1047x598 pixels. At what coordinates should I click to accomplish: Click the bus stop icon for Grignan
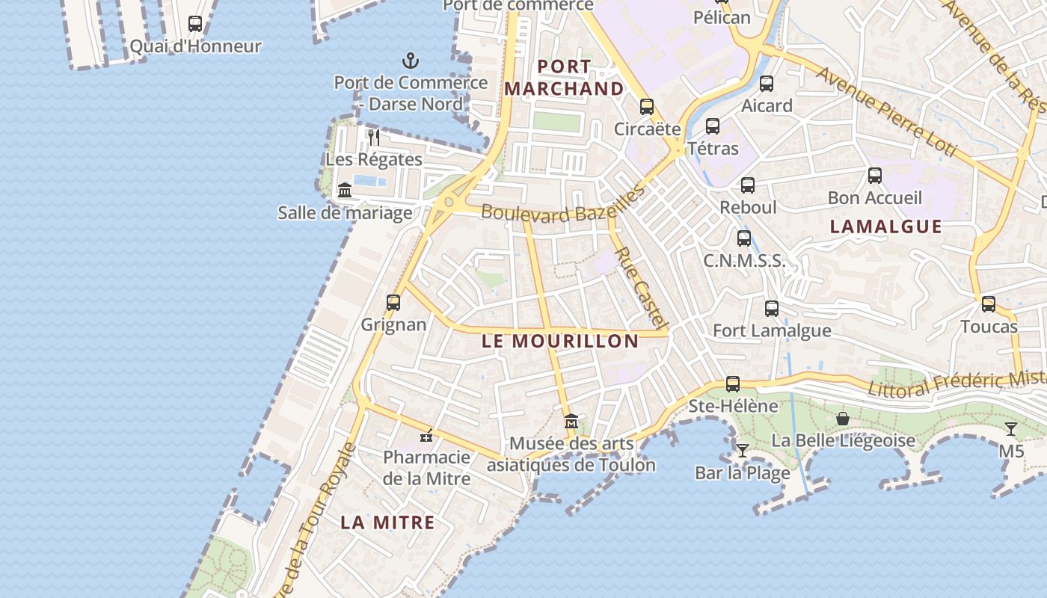pyautogui.click(x=393, y=303)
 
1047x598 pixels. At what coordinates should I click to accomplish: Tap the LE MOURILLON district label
pyautogui.click(x=560, y=342)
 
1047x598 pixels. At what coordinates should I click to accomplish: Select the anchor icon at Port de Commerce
pyautogui.click(x=410, y=61)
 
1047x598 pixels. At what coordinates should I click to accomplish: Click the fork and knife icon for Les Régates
pyautogui.click(x=374, y=137)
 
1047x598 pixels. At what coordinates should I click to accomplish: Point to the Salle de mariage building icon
pyautogui.click(x=345, y=191)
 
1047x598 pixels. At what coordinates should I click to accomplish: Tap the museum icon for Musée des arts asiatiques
pyautogui.click(x=571, y=422)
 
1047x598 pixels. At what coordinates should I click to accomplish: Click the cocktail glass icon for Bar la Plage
pyautogui.click(x=743, y=450)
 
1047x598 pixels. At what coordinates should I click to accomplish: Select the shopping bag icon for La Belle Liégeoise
pyautogui.click(x=843, y=419)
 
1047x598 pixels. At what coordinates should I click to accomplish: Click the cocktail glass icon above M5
pyautogui.click(x=1011, y=429)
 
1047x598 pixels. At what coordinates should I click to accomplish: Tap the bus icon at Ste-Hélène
pyautogui.click(x=733, y=384)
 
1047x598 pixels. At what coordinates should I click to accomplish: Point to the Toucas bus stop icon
pyautogui.click(x=989, y=304)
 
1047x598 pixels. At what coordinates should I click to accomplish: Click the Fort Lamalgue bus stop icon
pyautogui.click(x=772, y=309)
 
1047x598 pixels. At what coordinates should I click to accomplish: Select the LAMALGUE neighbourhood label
pyautogui.click(x=886, y=226)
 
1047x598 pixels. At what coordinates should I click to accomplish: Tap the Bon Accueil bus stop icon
pyautogui.click(x=875, y=176)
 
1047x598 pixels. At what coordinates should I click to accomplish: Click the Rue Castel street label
pyautogui.click(x=640, y=289)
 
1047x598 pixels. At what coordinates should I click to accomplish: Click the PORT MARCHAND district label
pyautogui.click(x=564, y=78)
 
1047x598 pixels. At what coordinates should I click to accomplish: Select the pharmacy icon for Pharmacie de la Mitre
pyautogui.click(x=427, y=435)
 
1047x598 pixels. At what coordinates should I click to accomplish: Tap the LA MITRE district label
pyautogui.click(x=387, y=523)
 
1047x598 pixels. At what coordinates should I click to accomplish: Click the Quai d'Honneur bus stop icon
pyautogui.click(x=195, y=24)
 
